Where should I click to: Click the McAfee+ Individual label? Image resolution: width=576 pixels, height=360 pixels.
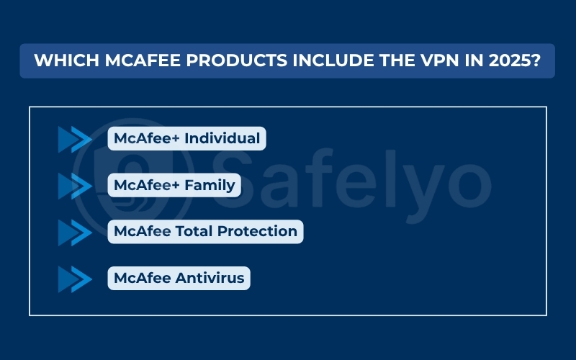coord(186,139)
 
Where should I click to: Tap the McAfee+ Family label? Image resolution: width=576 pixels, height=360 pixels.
coord(174,185)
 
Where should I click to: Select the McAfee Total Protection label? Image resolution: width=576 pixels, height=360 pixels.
coord(205,231)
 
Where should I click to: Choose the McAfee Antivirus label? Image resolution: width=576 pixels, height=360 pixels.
coord(179,277)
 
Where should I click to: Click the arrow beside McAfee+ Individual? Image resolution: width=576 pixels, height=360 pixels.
coord(75,140)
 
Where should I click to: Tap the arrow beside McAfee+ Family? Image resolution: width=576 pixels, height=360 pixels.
coord(75,186)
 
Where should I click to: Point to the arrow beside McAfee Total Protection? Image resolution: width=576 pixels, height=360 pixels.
coord(75,232)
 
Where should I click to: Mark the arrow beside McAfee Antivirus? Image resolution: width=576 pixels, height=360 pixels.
coord(75,278)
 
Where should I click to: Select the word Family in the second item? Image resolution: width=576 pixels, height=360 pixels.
coord(210,185)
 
